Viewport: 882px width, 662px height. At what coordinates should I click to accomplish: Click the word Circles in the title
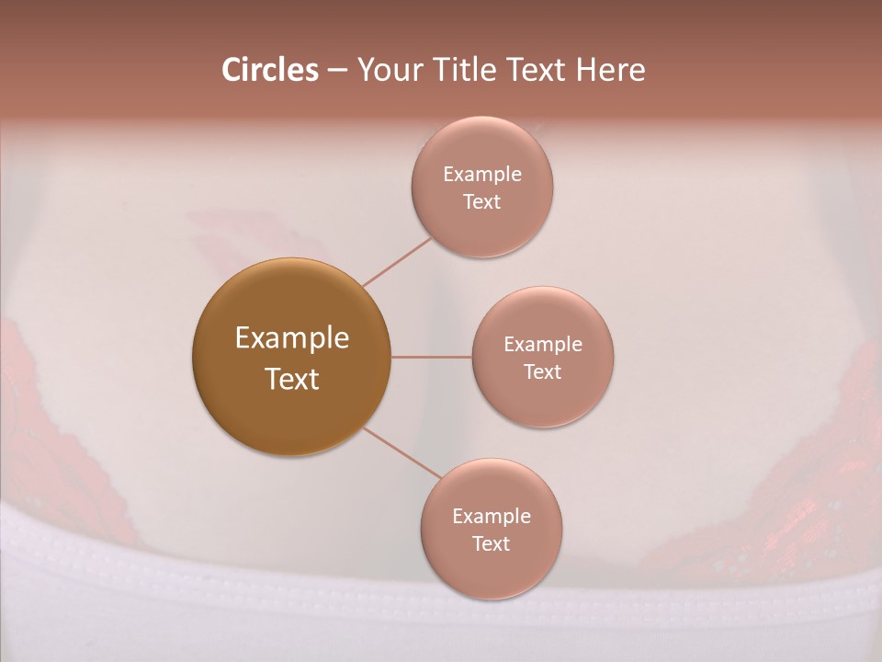pyautogui.click(x=270, y=70)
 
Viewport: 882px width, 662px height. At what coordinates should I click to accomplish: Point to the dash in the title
pyautogui.click(x=337, y=71)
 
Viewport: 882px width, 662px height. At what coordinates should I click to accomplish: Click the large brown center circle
pyautogui.click(x=291, y=357)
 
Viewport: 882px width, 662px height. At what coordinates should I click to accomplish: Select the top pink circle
pyautogui.click(x=482, y=187)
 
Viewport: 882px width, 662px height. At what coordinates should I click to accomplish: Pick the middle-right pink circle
pyautogui.click(x=542, y=357)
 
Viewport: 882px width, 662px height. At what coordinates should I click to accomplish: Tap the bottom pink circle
pyautogui.click(x=492, y=529)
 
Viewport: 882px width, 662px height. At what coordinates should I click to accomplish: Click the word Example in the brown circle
pyautogui.click(x=292, y=338)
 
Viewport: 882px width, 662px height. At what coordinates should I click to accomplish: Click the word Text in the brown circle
pyautogui.click(x=292, y=379)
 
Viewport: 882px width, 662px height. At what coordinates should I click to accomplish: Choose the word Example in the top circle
pyautogui.click(x=482, y=174)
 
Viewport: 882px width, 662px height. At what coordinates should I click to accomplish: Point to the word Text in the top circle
pyautogui.click(x=482, y=201)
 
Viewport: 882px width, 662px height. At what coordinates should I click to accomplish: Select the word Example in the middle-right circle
pyautogui.click(x=543, y=344)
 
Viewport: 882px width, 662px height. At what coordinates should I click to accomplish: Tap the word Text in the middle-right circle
pyautogui.click(x=543, y=371)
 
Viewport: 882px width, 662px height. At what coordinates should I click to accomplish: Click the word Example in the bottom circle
pyautogui.click(x=492, y=516)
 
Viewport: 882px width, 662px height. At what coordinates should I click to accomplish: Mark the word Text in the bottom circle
pyautogui.click(x=492, y=543)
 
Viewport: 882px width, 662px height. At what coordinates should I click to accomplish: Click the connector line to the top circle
pyautogui.click(x=397, y=262)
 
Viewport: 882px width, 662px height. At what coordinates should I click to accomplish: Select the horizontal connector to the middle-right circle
pyautogui.click(x=431, y=357)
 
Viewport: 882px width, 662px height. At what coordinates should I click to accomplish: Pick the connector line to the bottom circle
pyautogui.click(x=401, y=452)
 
